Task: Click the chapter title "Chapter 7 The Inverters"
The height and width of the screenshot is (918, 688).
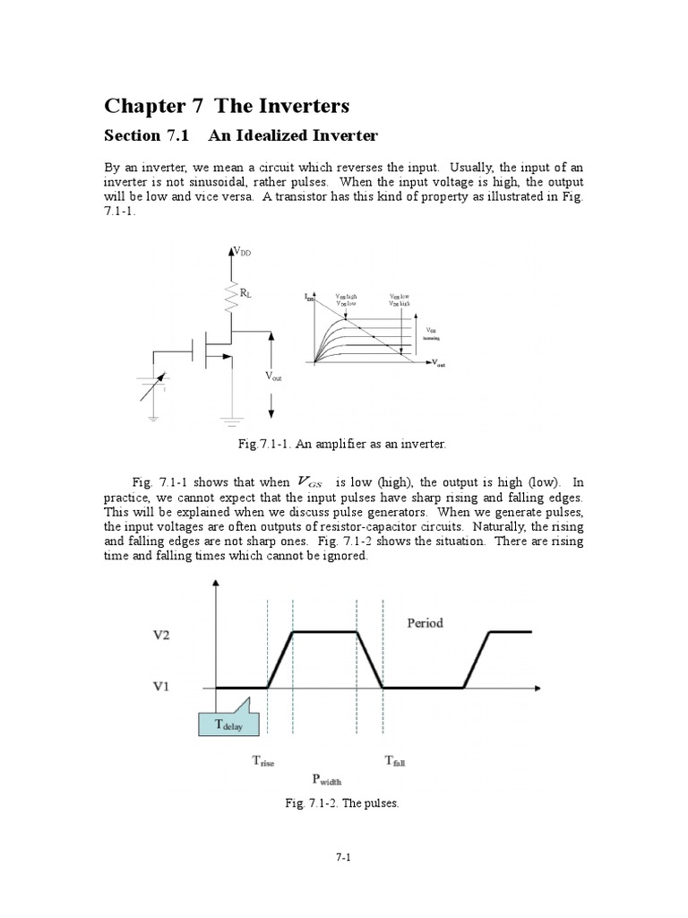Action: pyautogui.click(x=227, y=106)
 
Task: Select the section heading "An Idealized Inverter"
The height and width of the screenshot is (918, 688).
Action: pyautogui.click(x=294, y=136)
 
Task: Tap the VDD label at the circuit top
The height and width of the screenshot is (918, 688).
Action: pyautogui.click(x=243, y=254)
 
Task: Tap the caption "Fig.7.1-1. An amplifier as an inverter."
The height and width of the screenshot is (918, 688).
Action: pyautogui.click(x=343, y=444)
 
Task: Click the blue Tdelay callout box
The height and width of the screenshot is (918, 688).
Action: pyautogui.click(x=227, y=725)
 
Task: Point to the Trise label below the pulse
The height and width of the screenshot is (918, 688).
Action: pyautogui.click(x=262, y=761)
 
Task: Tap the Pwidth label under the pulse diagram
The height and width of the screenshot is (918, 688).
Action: pyautogui.click(x=327, y=779)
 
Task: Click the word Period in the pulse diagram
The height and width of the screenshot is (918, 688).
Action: pyautogui.click(x=425, y=623)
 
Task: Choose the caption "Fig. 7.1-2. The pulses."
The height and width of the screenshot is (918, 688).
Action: pyautogui.click(x=343, y=803)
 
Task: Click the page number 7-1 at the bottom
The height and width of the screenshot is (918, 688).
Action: pyautogui.click(x=343, y=858)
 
